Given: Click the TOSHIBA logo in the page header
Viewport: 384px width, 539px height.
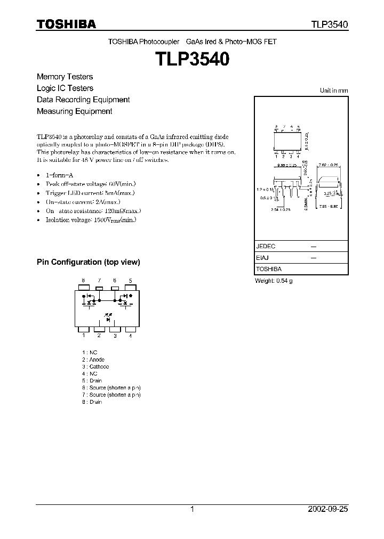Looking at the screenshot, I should pos(66,24).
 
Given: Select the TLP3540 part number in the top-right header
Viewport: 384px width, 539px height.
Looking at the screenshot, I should pos(330,24).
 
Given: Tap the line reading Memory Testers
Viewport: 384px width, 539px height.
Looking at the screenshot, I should pos(65,77).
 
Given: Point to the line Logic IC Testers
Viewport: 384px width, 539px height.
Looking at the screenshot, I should pos(65,88).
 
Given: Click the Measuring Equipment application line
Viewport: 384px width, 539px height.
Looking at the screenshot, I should pos(74,111).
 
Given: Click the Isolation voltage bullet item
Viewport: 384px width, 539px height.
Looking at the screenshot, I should pos(91,219).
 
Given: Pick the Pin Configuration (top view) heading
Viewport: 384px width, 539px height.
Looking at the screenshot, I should pos(88,262).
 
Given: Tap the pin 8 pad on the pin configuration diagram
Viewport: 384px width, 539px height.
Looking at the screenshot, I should pos(84,288).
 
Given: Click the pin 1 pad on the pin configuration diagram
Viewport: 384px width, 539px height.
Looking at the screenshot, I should pos(84,328).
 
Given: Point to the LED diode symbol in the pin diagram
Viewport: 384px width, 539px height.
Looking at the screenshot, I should pos(108,318).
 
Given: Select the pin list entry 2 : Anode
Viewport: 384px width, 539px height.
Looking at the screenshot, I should pos(93,360).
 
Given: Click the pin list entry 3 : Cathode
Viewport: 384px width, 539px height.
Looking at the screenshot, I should pos(95,367).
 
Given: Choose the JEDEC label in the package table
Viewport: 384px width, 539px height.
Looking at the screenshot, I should pos(266,247).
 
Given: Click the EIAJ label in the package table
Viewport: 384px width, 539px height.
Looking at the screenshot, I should pos(263,258).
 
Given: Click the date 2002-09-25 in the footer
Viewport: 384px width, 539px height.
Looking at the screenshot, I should pos(328,509).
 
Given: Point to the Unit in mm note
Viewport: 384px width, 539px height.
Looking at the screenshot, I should pos(333,91).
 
